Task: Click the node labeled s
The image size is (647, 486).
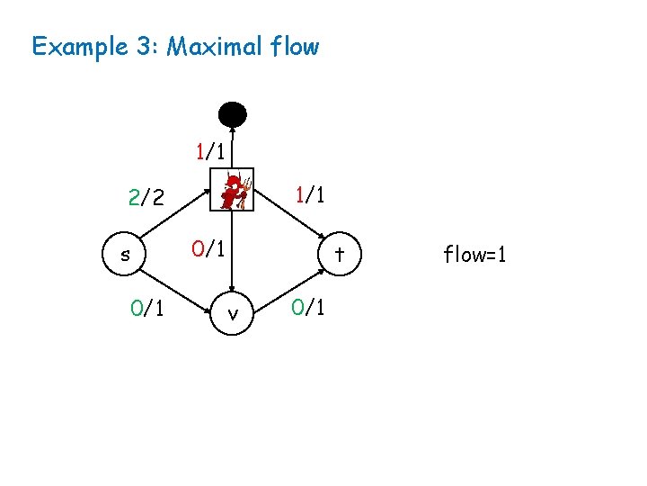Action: (125, 255)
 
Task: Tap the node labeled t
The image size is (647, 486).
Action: (340, 255)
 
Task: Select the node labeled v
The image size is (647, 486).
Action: (233, 314)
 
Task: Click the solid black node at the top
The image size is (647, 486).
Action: (233, 115)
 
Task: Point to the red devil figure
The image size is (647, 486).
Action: (234, 191)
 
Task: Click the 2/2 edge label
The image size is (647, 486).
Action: (146, 197)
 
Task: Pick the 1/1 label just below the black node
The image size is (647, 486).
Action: (211, 150)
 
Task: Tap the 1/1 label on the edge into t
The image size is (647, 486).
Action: (310, 194)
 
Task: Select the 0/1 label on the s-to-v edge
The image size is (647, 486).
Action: (146, 309)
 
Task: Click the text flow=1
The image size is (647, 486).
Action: (475, 255)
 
